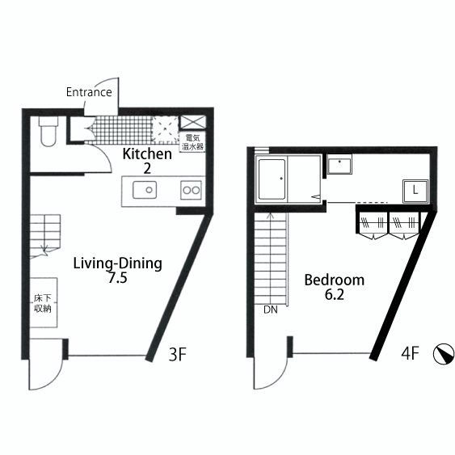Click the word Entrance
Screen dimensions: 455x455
(89, 92)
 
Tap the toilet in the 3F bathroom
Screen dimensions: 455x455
(48, 131)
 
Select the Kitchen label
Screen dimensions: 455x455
(147, 154)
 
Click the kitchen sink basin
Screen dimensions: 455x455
(145, 190)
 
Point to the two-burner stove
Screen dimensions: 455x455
(191, 190)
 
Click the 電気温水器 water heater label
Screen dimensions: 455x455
(192, 142)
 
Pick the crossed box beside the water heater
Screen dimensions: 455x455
(193, 122)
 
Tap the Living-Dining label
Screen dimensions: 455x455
(117, 263)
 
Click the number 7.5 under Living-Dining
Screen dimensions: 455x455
(117, 278)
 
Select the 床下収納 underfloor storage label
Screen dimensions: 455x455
(43, 303)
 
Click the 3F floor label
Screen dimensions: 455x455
(177, 354)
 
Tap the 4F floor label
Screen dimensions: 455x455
(410, 353)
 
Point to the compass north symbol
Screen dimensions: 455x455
(444, 354)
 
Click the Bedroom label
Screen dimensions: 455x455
(335, 280)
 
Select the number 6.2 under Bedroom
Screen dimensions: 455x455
(335, 294)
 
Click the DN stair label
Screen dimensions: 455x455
(271, 310)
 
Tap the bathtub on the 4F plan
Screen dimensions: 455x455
(272, 179)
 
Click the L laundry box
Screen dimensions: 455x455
(415, 191)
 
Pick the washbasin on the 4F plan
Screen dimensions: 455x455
(339, 164)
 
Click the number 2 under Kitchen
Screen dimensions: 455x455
(147, 168)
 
